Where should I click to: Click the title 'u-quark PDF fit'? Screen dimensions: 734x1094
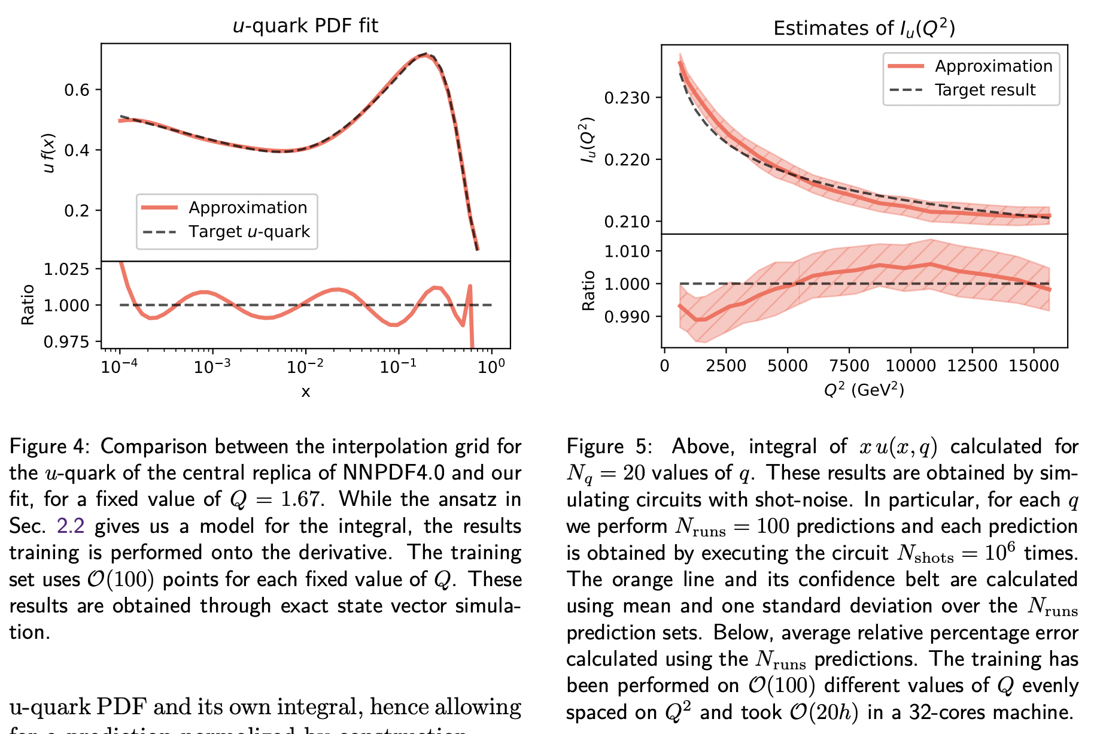click(x=305, y=26)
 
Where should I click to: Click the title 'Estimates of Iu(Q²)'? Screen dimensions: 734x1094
click(x=864, y=28)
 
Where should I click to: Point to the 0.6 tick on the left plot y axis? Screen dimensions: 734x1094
click(x=77, y=90)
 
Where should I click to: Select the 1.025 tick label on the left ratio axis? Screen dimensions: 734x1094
click(x=66, y=269)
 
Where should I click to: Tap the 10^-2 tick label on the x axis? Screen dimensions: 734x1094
click(x=305, y=366)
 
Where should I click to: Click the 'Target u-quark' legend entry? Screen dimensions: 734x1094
click(x=249, y=232)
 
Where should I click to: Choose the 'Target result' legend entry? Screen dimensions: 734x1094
click(x=984, y=90)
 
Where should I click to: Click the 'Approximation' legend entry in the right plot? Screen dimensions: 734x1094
click(x=993, y=66)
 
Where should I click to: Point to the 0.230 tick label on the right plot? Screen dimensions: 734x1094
click(x=627, y=98)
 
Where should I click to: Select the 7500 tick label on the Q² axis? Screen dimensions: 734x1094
click(x=849, y=366)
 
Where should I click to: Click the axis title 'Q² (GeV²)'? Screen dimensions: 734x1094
click(x=864, y=390)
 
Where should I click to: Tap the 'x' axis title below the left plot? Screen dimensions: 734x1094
click(x=305, y=392)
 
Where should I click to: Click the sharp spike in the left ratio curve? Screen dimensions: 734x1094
click(x=470, y=286)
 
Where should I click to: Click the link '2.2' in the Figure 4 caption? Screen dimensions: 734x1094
click(x=70, y=526)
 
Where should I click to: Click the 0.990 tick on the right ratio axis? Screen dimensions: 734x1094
click(x=627, y=317)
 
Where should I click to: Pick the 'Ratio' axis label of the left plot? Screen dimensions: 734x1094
click(x=28, y=305)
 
